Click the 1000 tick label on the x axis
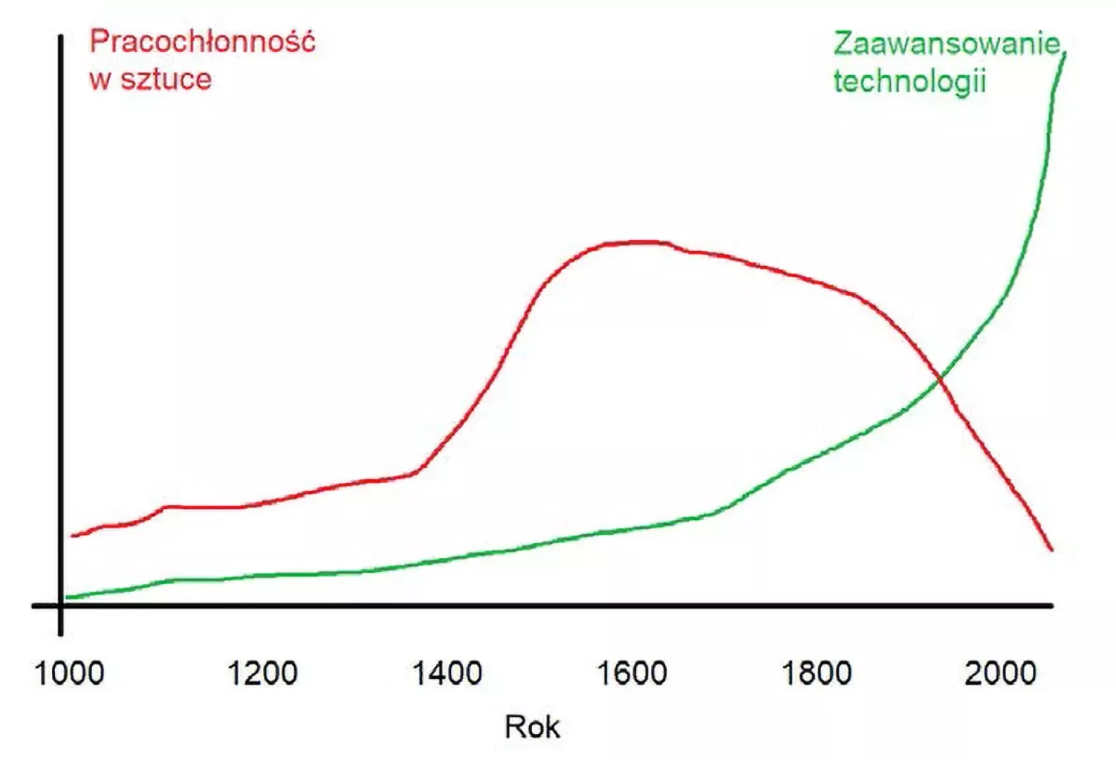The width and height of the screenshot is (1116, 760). coord(69,673)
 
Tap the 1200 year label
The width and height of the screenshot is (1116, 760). coord(262,673)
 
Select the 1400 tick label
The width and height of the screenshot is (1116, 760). coord(447,673)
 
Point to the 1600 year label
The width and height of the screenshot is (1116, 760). coord(632,673)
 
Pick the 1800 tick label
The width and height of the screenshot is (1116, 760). coord(816,673)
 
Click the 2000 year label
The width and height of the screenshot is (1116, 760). coord(1001,673)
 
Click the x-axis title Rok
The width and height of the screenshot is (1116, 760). coord(532,727)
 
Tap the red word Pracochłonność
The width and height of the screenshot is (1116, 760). coord(203,42)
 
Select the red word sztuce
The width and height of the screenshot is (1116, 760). coord(166,79)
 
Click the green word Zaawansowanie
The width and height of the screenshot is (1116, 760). coord(947,44)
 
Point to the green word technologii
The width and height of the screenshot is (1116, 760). coord(910,81)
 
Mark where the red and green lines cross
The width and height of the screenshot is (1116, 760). coord(939,381)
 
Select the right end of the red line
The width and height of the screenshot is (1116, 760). coord(1052,550)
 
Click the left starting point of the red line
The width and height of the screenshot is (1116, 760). coord(72,536)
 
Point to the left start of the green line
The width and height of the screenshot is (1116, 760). coord(67,597)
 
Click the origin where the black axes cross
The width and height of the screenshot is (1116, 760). coord(61,605)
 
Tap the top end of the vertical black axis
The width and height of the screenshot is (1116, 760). coord(61,37)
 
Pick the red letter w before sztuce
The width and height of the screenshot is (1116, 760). coord(100,80)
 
